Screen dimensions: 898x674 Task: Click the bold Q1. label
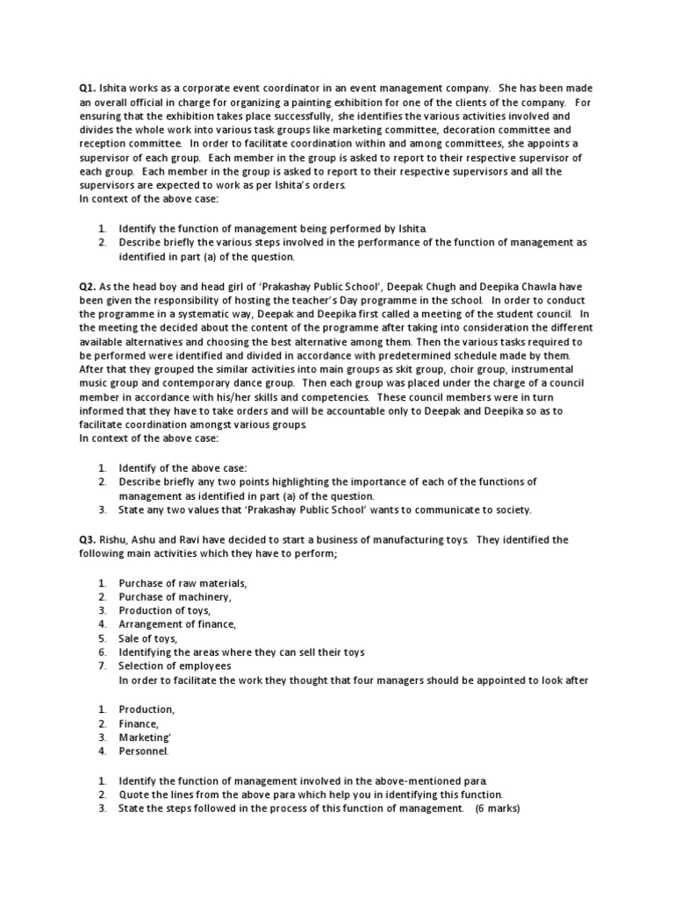[x=86, y=88]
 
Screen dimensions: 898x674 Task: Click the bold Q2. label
[x=86, y=286]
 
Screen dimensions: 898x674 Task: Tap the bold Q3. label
[x=86, y=538]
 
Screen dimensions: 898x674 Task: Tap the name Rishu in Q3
[x=115, y=538]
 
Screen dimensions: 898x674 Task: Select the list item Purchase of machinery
[x=175, y=596]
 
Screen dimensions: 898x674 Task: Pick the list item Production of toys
[x=164, y=610]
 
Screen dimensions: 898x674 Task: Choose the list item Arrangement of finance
[x=177, y=624]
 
